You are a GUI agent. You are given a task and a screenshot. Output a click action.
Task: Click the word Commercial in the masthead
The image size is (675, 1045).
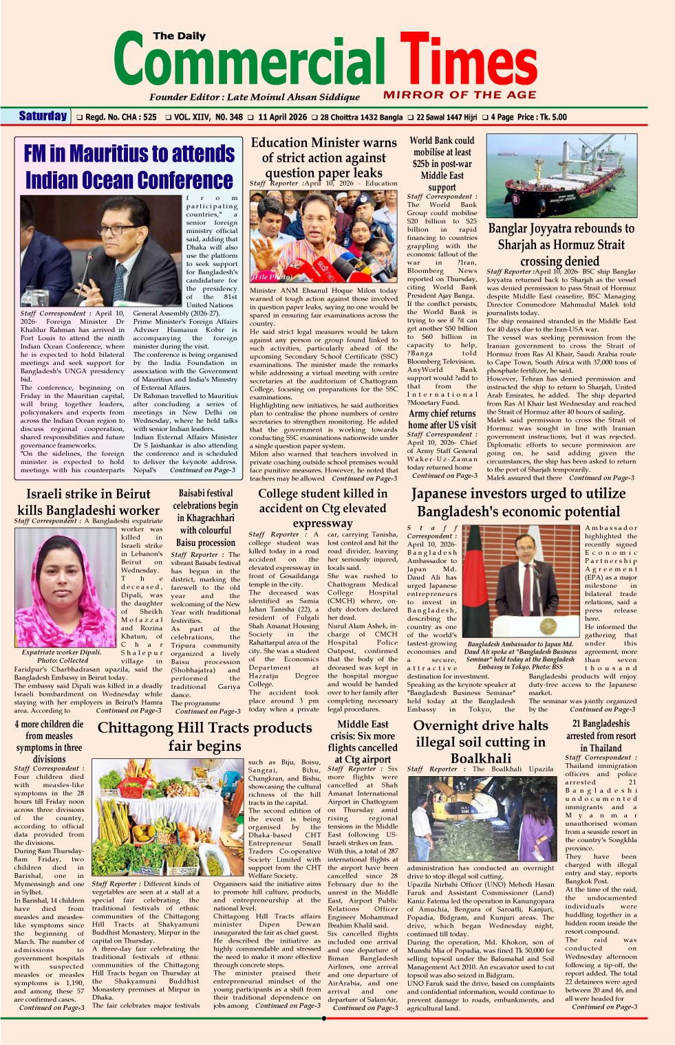pyautogui.click(x=249, y=62)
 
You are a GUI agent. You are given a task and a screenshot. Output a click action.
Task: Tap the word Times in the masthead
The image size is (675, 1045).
pyautogui.click(x=468, y=62)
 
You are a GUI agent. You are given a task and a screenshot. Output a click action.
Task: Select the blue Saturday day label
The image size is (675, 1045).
pyautogui.click(x=43, y=116)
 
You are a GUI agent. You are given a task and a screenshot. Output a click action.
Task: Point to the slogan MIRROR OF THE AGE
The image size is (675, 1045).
pyautogui.click(x=460, y=95)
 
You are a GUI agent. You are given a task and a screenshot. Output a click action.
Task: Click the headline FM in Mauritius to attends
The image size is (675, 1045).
pyautogui.click(x=129, y=153)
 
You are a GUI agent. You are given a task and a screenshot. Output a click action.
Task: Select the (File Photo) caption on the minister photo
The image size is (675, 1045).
pyautogui.click(x=272, y=277)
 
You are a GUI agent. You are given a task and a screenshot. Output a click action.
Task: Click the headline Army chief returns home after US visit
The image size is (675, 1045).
pyautogui.click(x=442, y=419)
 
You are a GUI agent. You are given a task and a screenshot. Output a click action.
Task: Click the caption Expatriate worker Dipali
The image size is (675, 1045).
pyautogui.click(x=61, y=652)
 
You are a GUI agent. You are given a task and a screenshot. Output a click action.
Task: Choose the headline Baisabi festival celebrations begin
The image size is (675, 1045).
pyautogui.click(x=205, y=505)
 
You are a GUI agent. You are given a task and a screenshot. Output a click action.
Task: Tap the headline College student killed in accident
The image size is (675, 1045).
pyautogui.click(x=322, y=508)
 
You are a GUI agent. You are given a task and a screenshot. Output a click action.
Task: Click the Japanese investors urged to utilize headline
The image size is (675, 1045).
pyautogui.click(x=518, y=494)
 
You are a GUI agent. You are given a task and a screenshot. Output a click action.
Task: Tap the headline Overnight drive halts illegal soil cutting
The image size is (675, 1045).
pyautogui.click(x=480, y=741)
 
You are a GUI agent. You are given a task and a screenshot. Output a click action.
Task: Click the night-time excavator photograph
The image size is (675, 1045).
pyautogui.click(x=480, y=817)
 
